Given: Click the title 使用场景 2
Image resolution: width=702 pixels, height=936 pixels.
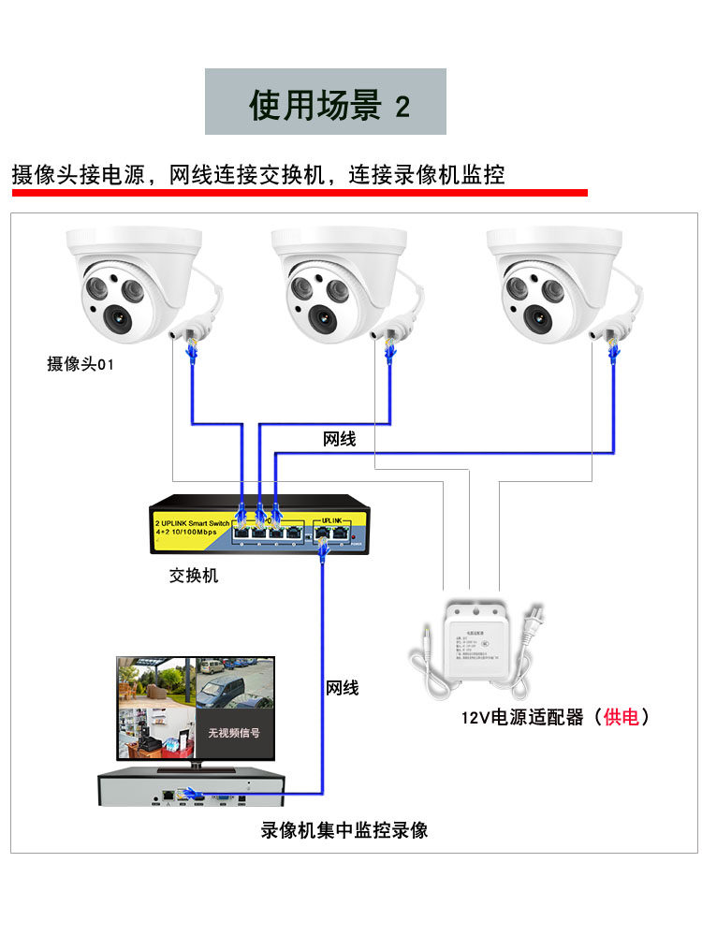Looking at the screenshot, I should point(326,103).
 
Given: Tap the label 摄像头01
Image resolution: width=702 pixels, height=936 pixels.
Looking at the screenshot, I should point(80,364).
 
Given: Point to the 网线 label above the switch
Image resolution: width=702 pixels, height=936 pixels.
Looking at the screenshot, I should point(339,439).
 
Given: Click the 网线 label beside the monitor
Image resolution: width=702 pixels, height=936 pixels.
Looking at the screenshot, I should point(342,688).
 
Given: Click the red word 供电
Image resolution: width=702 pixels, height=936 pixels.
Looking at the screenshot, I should point(621,718).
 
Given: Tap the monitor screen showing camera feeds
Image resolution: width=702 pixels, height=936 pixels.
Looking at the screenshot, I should point(195,707).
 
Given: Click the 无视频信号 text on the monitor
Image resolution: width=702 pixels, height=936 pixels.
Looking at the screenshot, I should point(234,735).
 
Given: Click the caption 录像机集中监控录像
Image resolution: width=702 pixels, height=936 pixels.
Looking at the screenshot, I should point(344,830).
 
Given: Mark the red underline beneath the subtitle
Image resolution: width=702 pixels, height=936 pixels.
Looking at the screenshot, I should point(300,193).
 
